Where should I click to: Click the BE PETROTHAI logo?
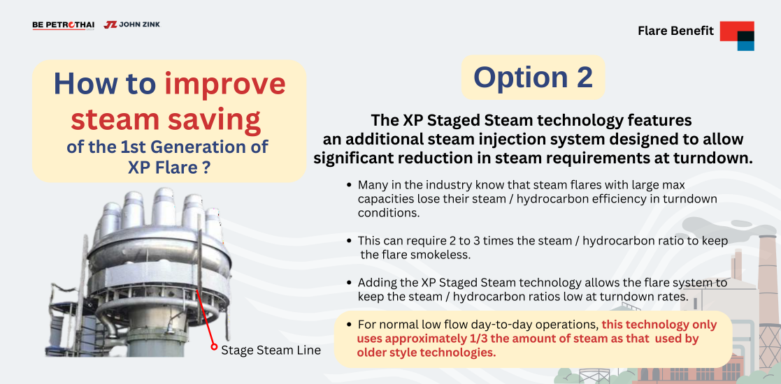click(63, 25)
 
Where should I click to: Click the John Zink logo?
click(132, 24)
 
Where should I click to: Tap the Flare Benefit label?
click(675, 31)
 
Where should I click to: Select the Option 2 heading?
click(533, 77)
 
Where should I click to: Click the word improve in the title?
click(225, 84)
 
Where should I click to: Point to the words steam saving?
click(166, 119)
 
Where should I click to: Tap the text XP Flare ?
click(168, 168)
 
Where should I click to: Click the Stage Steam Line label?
click(271, 350)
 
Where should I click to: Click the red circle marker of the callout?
click(214, 347)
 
